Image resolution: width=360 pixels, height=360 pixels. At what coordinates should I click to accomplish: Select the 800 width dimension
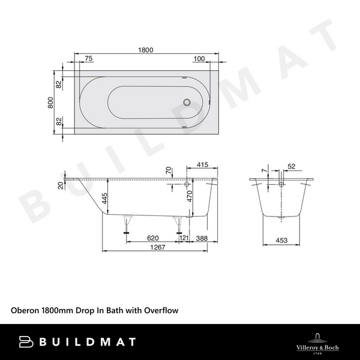coord(52,103)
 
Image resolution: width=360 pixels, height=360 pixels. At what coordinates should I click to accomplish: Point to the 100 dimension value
coord(199,59)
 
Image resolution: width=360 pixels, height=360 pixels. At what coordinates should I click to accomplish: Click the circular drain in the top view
coord(190,103)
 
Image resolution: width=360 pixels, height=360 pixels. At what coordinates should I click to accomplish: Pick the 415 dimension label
coord(202,164)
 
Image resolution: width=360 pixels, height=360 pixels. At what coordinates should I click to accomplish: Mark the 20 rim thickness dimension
coord(61,185)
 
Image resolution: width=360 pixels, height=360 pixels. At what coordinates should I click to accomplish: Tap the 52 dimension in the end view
coord(292,166)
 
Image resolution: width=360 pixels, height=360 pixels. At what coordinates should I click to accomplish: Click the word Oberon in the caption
coord(25,311)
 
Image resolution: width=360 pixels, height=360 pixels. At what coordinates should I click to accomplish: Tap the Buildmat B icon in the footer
coord(26,341)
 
